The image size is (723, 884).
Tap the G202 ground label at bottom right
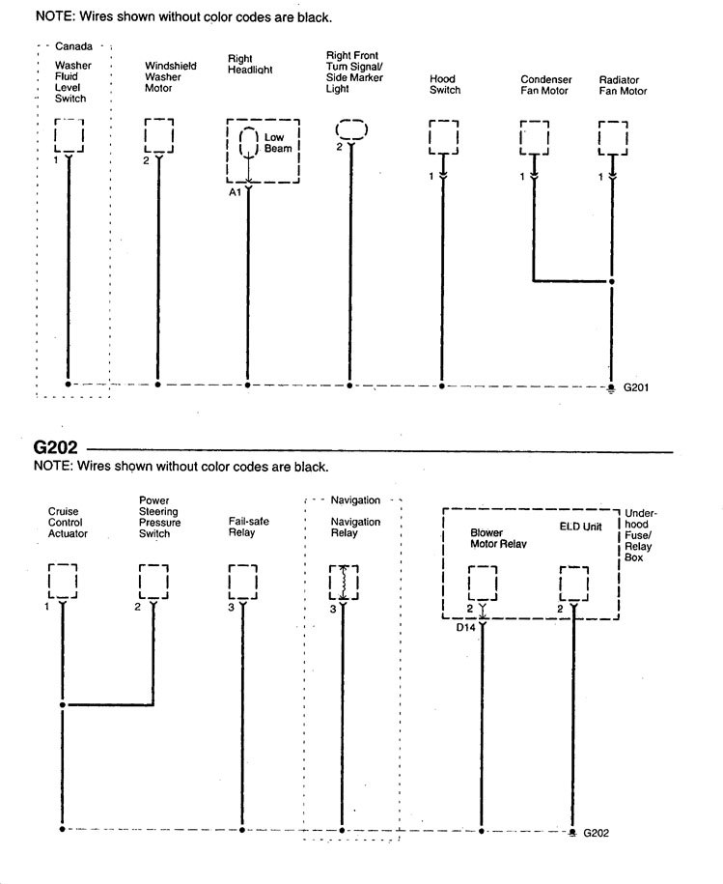[x=596, y=833]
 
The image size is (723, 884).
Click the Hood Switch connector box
[x=442, y=137]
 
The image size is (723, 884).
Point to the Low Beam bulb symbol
[x=248, y=143]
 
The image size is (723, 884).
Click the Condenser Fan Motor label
[x=545, y=86]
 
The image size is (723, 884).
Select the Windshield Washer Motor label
[x=171, y=77]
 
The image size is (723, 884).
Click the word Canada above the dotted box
[x=74, y=46]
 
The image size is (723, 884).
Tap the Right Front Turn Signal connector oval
[x=351, y=129]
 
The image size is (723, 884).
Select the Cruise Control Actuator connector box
[x=64, y=582]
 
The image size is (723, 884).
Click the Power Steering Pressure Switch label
[x=154, y=517]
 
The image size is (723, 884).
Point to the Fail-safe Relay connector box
[x=242, y=582]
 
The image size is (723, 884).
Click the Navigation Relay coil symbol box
[x=343, y=582]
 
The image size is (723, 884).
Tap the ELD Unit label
[x=581, y=528]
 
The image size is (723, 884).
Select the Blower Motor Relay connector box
[x=482, y=583]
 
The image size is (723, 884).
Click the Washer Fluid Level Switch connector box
[x=69, y=136]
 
